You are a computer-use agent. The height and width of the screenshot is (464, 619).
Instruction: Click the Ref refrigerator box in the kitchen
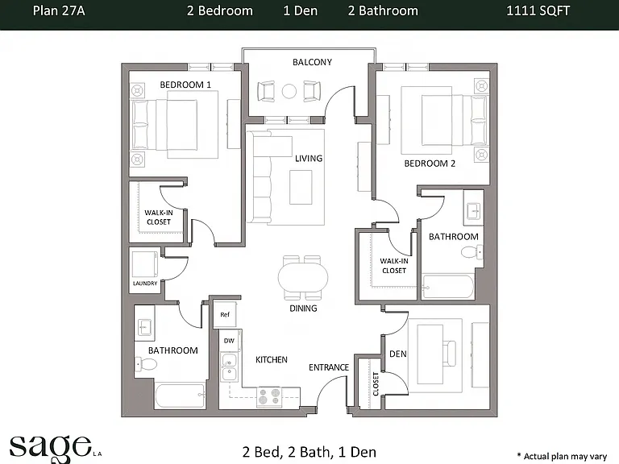(x=225, y=314)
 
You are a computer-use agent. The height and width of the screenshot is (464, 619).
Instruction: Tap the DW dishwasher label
(x=229, y=341)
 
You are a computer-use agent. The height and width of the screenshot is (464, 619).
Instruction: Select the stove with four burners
(x=270, y=396)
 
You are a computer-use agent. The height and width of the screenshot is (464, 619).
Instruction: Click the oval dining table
(x=303, y=277)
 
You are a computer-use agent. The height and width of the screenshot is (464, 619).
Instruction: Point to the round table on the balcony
(x=289, y=91)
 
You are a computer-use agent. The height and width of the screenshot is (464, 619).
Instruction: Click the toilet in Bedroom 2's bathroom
(x=472, y=251)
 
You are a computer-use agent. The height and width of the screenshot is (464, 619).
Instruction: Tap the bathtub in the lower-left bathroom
(x=181, y=396)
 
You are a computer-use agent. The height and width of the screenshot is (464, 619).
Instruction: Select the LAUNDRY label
(x=145, y=284)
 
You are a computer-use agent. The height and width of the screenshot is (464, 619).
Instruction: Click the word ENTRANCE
(x=329, y=367)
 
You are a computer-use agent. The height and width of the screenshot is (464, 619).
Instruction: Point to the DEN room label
(x=398, y=354)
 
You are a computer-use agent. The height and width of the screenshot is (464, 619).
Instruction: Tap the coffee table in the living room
(x=301, y=187)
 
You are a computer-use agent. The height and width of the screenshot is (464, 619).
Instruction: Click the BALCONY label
(x=312, y=62)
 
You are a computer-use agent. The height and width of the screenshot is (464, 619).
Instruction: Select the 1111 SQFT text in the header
(x=538, y=10)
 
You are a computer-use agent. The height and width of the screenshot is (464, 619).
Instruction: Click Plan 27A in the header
(x=59, y=10)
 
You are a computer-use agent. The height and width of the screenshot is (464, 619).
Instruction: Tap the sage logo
(x=56, y=449)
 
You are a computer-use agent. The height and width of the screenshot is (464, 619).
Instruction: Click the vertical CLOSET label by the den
(x=376, y=384)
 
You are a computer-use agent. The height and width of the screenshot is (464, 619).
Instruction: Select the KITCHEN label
(x=272, y=359)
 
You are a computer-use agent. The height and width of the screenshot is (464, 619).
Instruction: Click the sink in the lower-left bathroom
(x=144, y=327)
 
